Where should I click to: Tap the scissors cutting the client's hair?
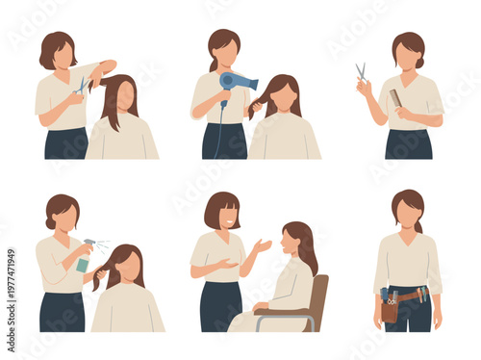point(81,87)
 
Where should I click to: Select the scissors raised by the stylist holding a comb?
point(361,72)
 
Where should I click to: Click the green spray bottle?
point(85,258)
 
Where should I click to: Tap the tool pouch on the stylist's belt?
point(390,306)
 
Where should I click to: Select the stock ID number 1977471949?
point(8,290)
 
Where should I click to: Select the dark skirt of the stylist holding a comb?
point(408,143)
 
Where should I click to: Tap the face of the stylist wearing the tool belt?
point(408,214)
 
